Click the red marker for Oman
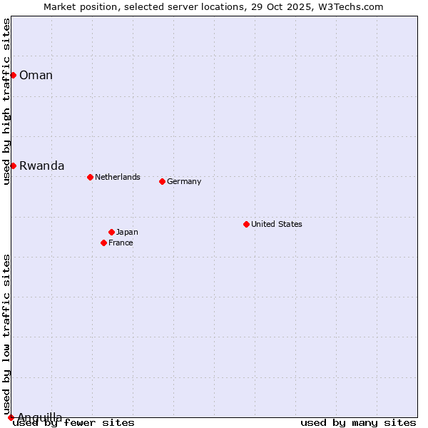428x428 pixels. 13,75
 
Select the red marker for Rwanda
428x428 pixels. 13,165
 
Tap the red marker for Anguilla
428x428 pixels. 11,417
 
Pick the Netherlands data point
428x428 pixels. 90,177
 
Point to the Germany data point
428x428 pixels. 162,181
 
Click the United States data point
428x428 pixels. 246,224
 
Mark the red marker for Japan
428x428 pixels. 111,232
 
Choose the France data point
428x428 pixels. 103,243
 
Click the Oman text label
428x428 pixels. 36,75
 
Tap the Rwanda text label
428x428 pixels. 41,165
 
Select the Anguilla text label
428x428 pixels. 40,417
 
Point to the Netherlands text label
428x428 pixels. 118,177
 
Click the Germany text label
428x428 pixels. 184,181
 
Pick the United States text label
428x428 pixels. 277,224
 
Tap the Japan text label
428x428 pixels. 127,232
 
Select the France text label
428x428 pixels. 121,243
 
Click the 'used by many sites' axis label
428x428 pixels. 358,423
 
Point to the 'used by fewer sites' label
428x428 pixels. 73,423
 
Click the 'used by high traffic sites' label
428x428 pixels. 6,101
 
